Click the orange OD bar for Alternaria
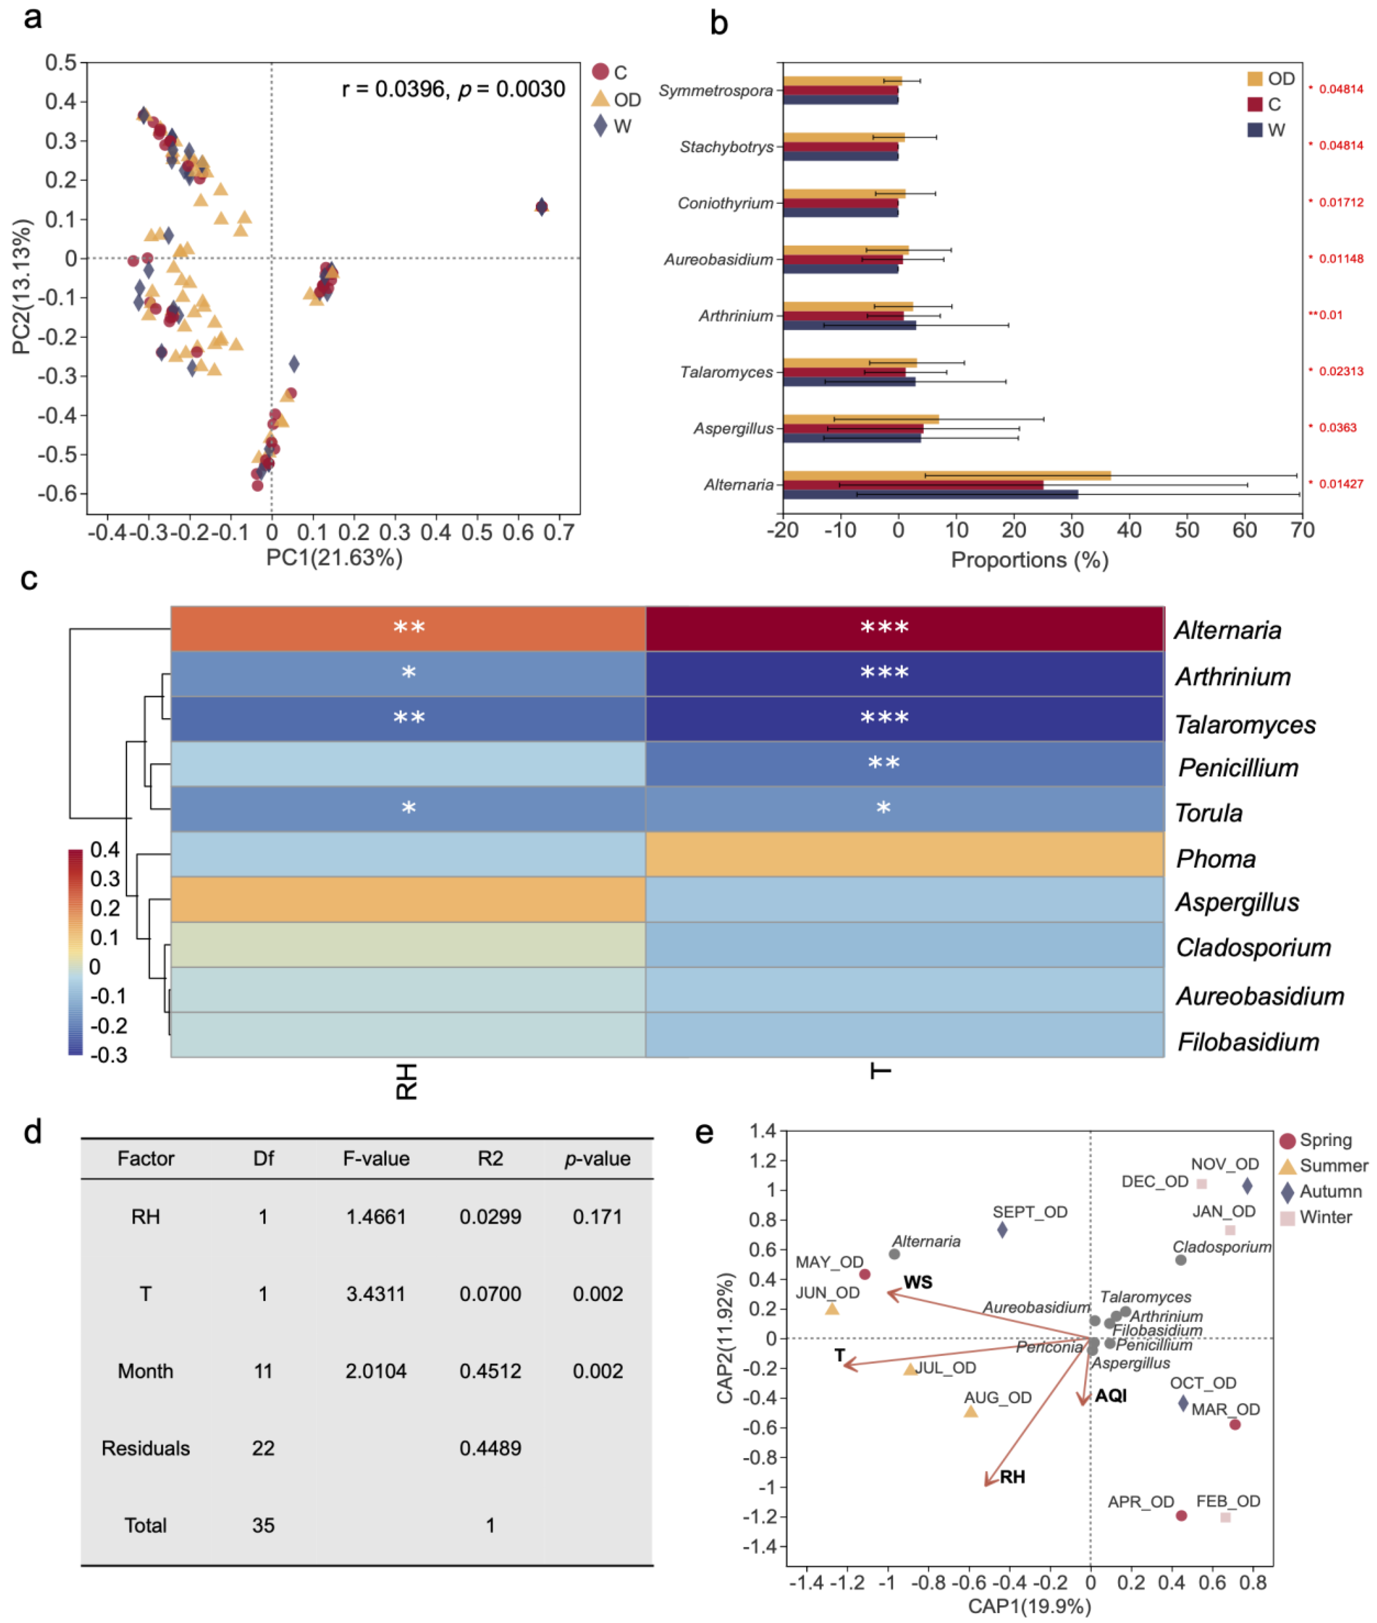(946, 475)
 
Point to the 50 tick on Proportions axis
(1187, 531)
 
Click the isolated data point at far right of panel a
(541, 207)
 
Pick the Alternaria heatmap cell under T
(904, 628)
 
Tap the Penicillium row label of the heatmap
(1237, 768)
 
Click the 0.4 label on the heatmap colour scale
(104, 849)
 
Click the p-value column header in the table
(597, 1159)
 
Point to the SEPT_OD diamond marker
(1002, 1230)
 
